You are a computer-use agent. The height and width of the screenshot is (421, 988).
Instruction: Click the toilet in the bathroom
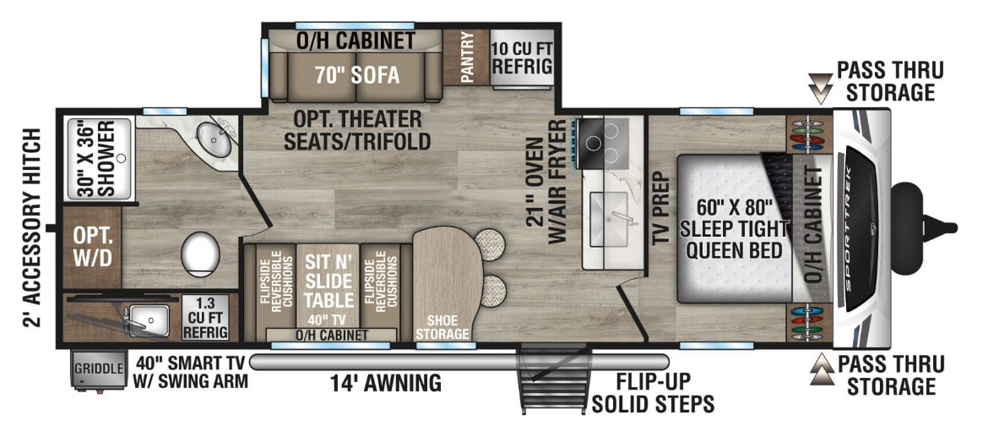(200, 251)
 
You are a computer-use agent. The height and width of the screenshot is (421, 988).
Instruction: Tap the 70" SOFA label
(356, 74)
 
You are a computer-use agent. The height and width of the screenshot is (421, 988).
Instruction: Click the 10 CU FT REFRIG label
(521, 56)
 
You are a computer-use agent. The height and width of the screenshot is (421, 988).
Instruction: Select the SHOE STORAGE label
(442, 327)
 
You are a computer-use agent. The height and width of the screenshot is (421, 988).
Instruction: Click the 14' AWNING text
(387, 384)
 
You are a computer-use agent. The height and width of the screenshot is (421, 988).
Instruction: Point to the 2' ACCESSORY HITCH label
(32, 228)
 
